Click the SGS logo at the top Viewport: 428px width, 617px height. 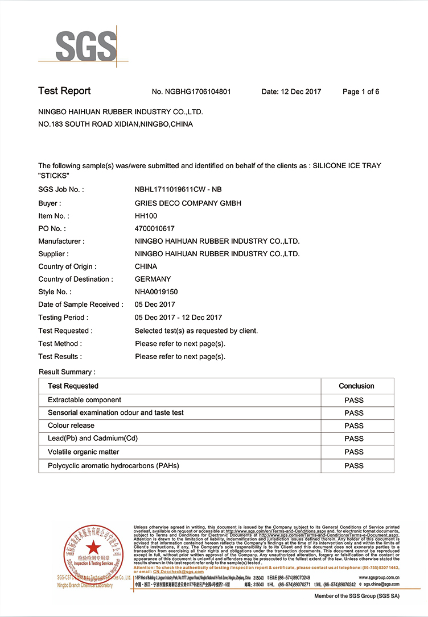coord(85,44)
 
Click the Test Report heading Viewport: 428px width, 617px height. coord(64,91)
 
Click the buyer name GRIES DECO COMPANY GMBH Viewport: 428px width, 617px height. coord(188,203)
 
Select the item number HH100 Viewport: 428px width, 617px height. coord(146,216)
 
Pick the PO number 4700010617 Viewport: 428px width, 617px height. coord(155,228)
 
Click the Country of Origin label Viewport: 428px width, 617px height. coord(67,266)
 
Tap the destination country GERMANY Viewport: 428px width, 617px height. coord(153,279)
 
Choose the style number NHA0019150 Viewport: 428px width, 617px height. coord(157,292)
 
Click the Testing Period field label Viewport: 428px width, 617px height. coord(63,318)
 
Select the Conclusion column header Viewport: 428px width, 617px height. coord(356,386)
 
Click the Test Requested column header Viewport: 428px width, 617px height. coord(73,386)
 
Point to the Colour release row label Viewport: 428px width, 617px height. coord(71,426)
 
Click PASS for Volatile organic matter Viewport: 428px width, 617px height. coord(354,452)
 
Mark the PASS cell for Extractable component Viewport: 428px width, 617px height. coord(354,400)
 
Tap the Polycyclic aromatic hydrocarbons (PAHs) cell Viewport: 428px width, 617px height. coord(113,465)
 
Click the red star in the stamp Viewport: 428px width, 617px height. coord(93,547)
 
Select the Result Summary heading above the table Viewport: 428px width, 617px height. coord(67,372)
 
